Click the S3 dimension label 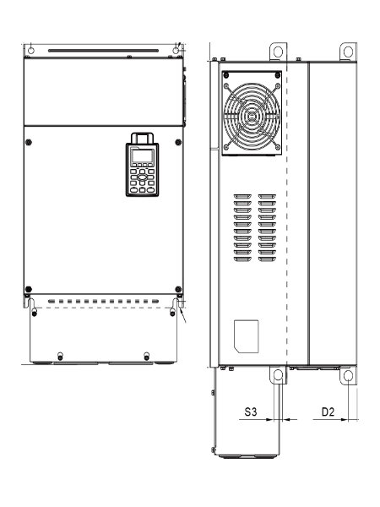(x=251, y=412)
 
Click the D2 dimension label (x=328, y=412)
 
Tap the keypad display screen (x=143, y=155)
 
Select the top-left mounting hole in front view (x=31, y=50)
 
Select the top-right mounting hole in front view (x=176, y=50)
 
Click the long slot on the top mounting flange (x=103, y=51)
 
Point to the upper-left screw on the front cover (x=29, y=142)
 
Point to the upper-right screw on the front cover (x=178, y=142)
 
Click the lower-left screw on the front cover (x=29, y=289)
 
